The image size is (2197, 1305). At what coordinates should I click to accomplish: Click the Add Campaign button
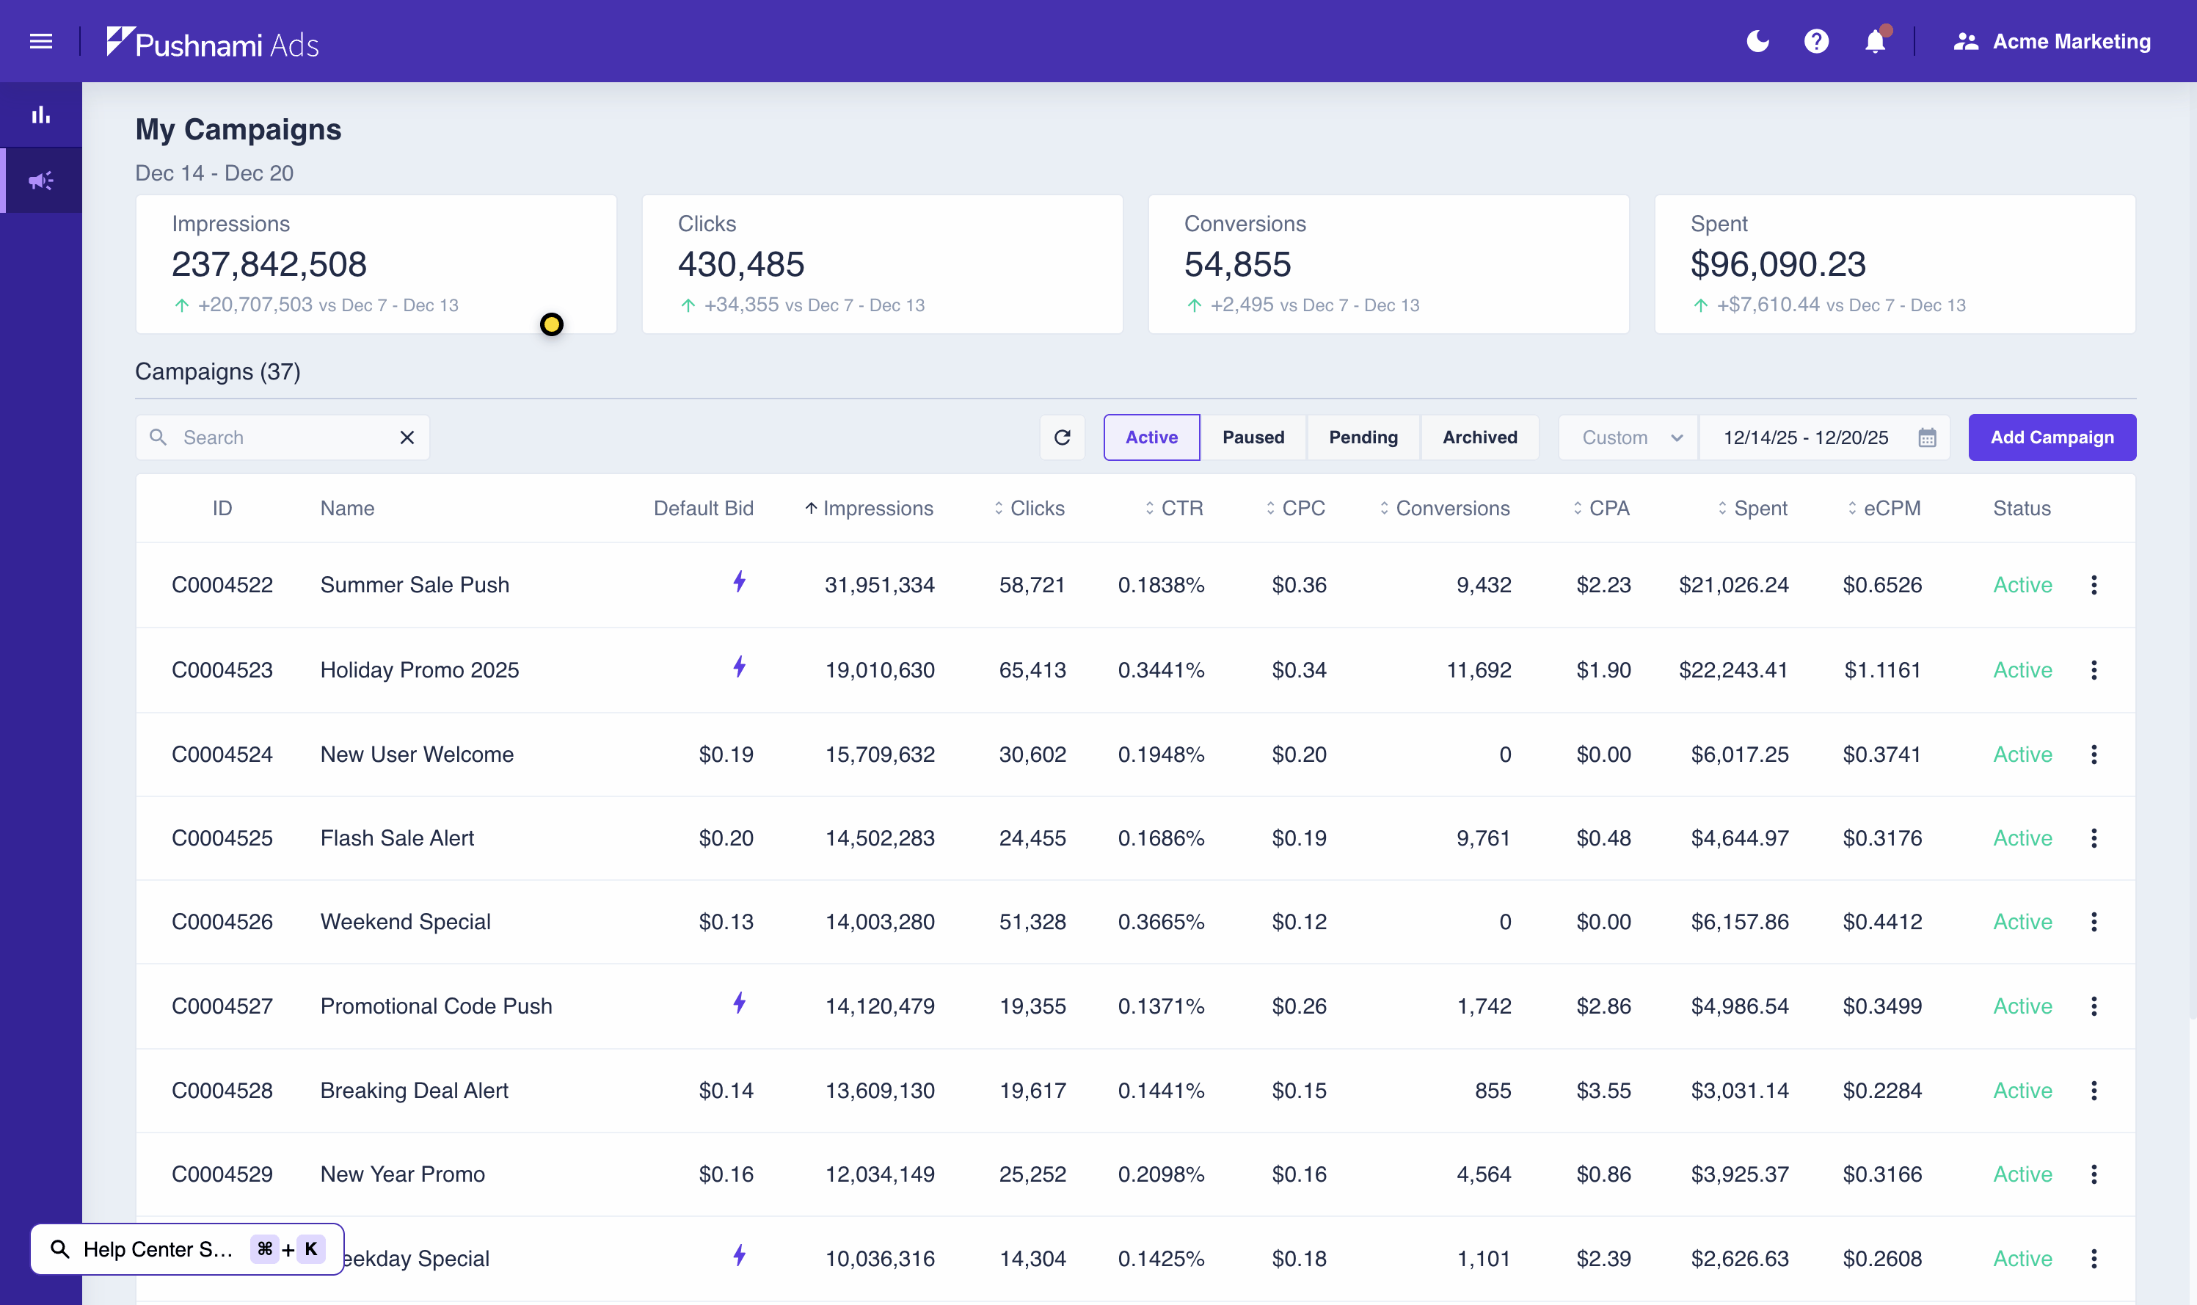(x=2051, y=437)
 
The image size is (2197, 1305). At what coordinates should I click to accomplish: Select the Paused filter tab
(x=1253, y=437)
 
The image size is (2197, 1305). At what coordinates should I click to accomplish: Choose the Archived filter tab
(x=1479, y=437)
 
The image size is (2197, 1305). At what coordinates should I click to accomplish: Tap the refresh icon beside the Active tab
(x=1062, y=437)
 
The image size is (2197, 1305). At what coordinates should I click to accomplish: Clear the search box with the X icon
(x=407, y=437)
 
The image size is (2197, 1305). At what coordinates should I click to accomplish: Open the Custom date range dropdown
(x=1629, y=437)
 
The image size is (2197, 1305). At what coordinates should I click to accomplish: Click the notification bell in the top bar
(x=1874, y=41)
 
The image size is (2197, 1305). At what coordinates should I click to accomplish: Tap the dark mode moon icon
(x=1757, y=41)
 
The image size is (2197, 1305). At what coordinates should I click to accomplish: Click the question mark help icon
(x=1815, y=41)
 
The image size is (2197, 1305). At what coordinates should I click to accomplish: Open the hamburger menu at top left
(x=40, y=41)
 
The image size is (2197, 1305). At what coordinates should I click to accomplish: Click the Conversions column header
(x=1451, y=509)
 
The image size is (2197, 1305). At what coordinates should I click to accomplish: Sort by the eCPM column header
(x=1891, y=509)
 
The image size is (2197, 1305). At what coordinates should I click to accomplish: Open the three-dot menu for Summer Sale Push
(x=2094, y=585)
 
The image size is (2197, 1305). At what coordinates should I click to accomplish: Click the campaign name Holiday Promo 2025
(x=419, y=670)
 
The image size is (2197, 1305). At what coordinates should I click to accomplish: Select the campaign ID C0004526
(x=222, y=922)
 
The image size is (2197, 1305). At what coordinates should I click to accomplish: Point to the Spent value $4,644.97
(x=1739, y=838)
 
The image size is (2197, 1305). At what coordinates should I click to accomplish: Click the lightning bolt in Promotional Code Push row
(x=740, y=1003)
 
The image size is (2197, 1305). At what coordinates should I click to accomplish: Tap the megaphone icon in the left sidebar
(x=40, y=181)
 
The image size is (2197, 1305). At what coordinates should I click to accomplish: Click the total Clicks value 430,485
(x=740, y=263)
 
